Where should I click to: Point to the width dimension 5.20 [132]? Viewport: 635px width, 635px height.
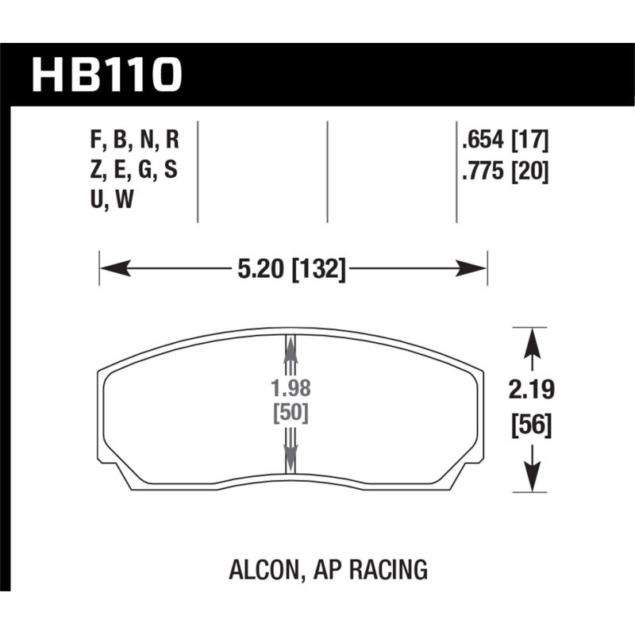(292, 270)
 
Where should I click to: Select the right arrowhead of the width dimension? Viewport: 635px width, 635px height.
(474, 270)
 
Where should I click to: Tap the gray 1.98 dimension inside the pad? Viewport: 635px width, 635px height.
(289, 390)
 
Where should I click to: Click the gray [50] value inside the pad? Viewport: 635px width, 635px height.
(290, 414)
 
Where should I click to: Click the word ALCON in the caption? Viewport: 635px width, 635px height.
(263, 569)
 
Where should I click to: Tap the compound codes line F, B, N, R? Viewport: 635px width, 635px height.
(134, 142)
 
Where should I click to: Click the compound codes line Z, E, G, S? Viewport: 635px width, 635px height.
(134, 171)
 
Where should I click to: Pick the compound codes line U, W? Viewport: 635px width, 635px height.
(110, 201)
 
